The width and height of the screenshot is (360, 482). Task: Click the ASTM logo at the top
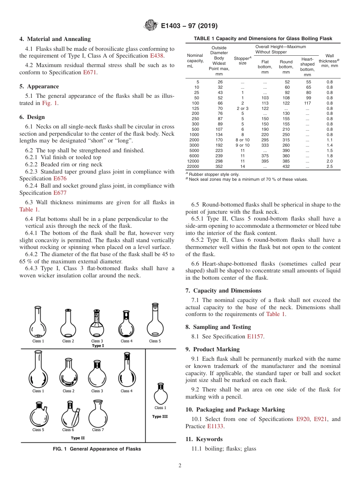(151, 26)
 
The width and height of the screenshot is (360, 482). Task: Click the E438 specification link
(157, 56)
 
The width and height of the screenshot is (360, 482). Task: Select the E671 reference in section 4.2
(90, 72)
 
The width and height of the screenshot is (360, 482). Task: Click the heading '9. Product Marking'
(212, 349)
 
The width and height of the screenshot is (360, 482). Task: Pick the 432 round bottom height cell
(286, 166)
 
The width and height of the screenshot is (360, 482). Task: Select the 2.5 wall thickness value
(329, 166)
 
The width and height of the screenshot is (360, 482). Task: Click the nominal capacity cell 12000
(194, 161)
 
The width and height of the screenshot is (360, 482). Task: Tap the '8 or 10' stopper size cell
(243, 140)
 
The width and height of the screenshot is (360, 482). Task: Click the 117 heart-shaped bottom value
(307, 103)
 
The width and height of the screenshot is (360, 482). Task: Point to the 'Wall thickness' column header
(329, 61)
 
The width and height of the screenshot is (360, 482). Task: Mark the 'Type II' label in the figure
(76, 438)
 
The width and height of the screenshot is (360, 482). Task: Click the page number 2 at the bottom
(180, 466)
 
